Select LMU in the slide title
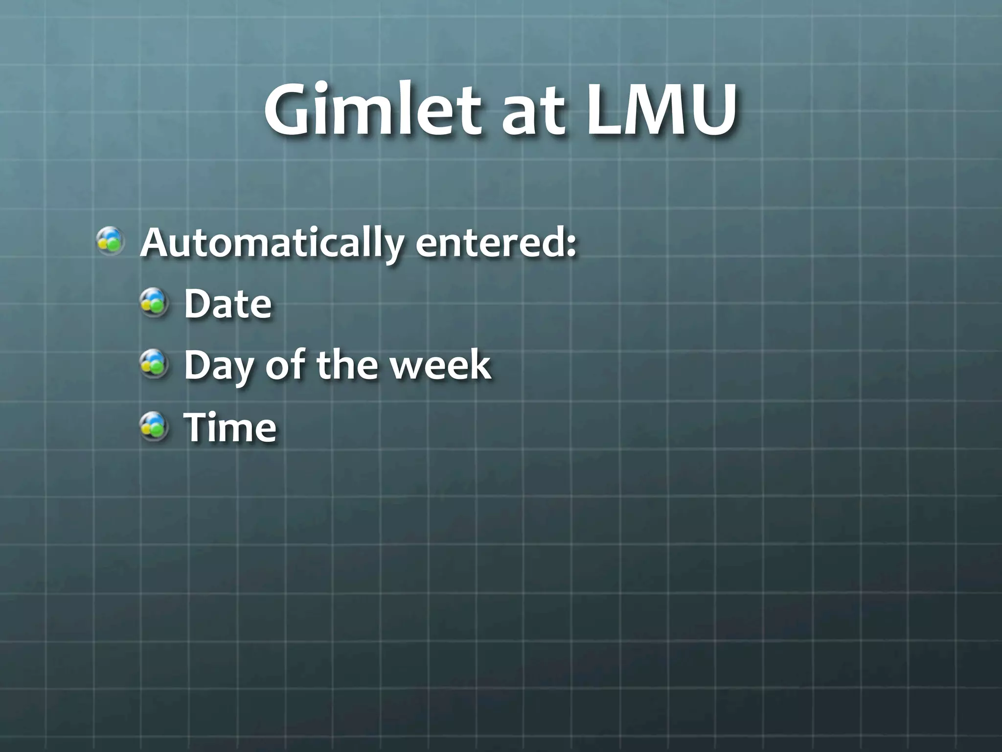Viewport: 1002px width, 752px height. click(660, 111)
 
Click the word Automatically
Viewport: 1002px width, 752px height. click(272, 243)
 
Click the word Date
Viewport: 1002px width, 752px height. click(228, 304)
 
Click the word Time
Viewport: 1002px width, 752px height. click(230, 427)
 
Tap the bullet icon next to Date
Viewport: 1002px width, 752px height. click(154, 303)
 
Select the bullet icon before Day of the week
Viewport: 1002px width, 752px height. click(154, 364)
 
